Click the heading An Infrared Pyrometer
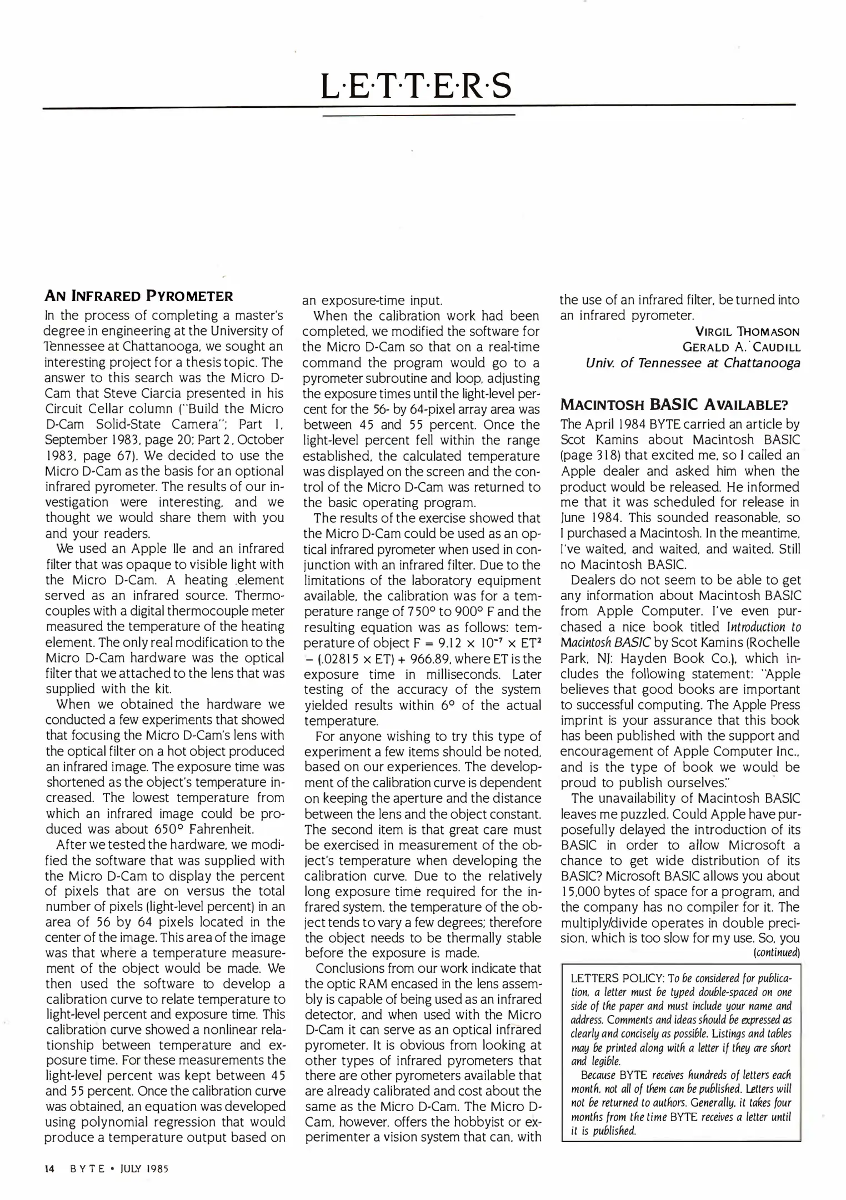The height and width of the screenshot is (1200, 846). (x=138, y=296)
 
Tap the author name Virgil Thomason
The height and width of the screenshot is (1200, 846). (x=747, y=332)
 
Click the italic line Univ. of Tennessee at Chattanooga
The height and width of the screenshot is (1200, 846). (x=693, y=363)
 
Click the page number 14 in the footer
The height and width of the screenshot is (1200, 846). (x=49, y=1168)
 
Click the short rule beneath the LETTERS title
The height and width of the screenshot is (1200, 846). (x=419, y=115)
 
